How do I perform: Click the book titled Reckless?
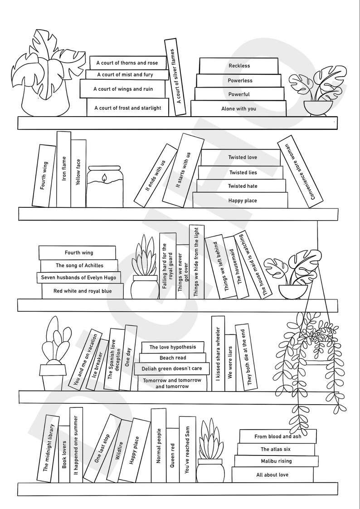point(239,66)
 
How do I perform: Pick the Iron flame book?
point(64,169)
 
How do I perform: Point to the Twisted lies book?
point(243,172)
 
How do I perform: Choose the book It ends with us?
point(156,175)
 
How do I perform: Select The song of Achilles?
point(79,265)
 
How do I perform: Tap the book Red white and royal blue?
point(82,291)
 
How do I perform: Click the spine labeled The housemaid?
point(236,268)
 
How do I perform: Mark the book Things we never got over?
point(182,272)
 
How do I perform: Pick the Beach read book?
point(172,358)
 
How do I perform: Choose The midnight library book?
point(48,447)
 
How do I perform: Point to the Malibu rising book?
point(276,461)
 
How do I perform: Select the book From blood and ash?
point(277,436)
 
